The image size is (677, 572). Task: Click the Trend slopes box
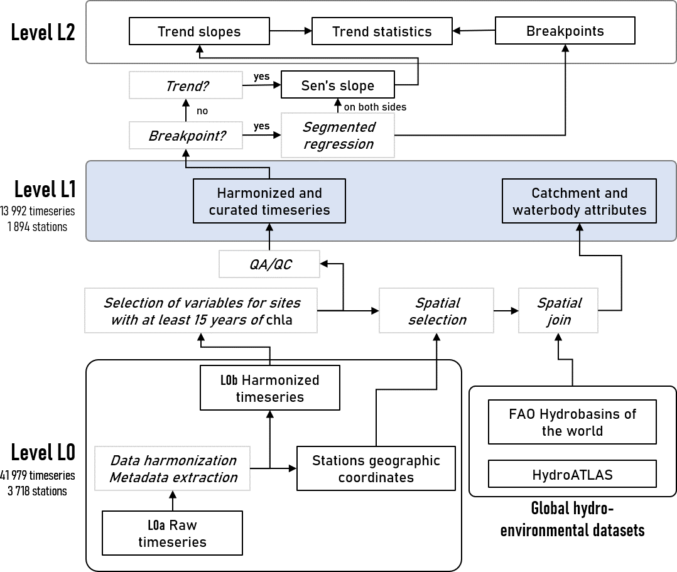pos(199,31)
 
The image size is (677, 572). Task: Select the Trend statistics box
pos(382,31)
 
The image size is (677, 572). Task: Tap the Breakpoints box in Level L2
pos(565,31)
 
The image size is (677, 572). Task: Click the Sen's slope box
pos(338,85)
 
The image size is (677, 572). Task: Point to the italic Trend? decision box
pos(186,85)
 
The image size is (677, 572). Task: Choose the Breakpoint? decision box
pos(186,136)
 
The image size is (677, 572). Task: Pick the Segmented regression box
pos(338,136)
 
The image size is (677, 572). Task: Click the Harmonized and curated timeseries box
pos(269,201)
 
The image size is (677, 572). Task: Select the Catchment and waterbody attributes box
pos(579,201)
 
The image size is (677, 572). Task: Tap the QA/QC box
pos(269,264)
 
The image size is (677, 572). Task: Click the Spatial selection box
pos(436,311)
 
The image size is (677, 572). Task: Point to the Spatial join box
pos(558,311)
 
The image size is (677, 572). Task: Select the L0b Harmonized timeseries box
pos(270,387)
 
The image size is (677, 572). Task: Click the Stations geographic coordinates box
pos(376,468)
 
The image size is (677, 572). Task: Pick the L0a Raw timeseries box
pos(172,533)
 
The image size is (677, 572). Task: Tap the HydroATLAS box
pos(572,475)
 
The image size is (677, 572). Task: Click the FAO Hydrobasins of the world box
pos(572,422)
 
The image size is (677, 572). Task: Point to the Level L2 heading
pos(43,32)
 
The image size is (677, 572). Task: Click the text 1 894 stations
pos(37,227)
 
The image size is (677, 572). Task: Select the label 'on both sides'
pos(375,107)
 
